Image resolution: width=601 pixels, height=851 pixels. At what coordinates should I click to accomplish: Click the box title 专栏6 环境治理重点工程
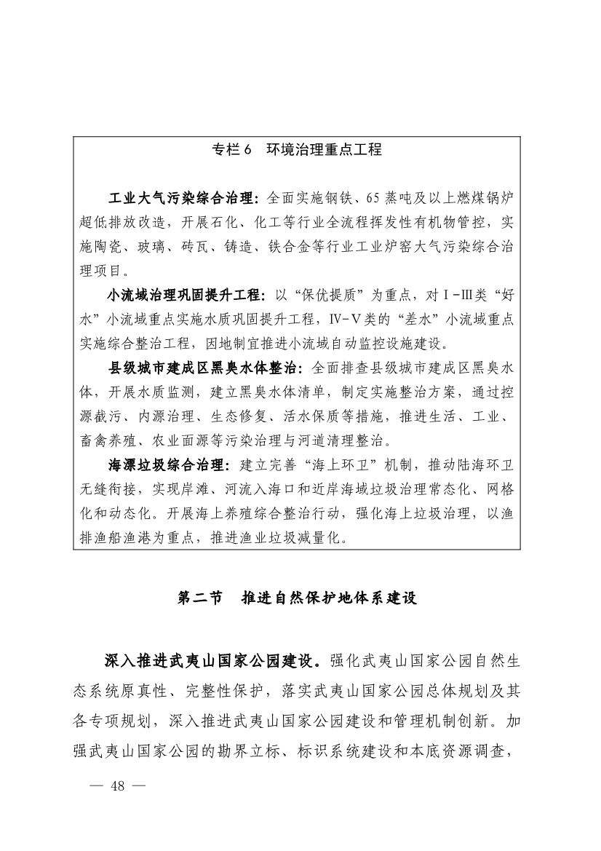click(x=296, y=150)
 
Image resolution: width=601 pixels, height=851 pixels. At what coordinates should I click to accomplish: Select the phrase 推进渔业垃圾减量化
click(x=273, y=539)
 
